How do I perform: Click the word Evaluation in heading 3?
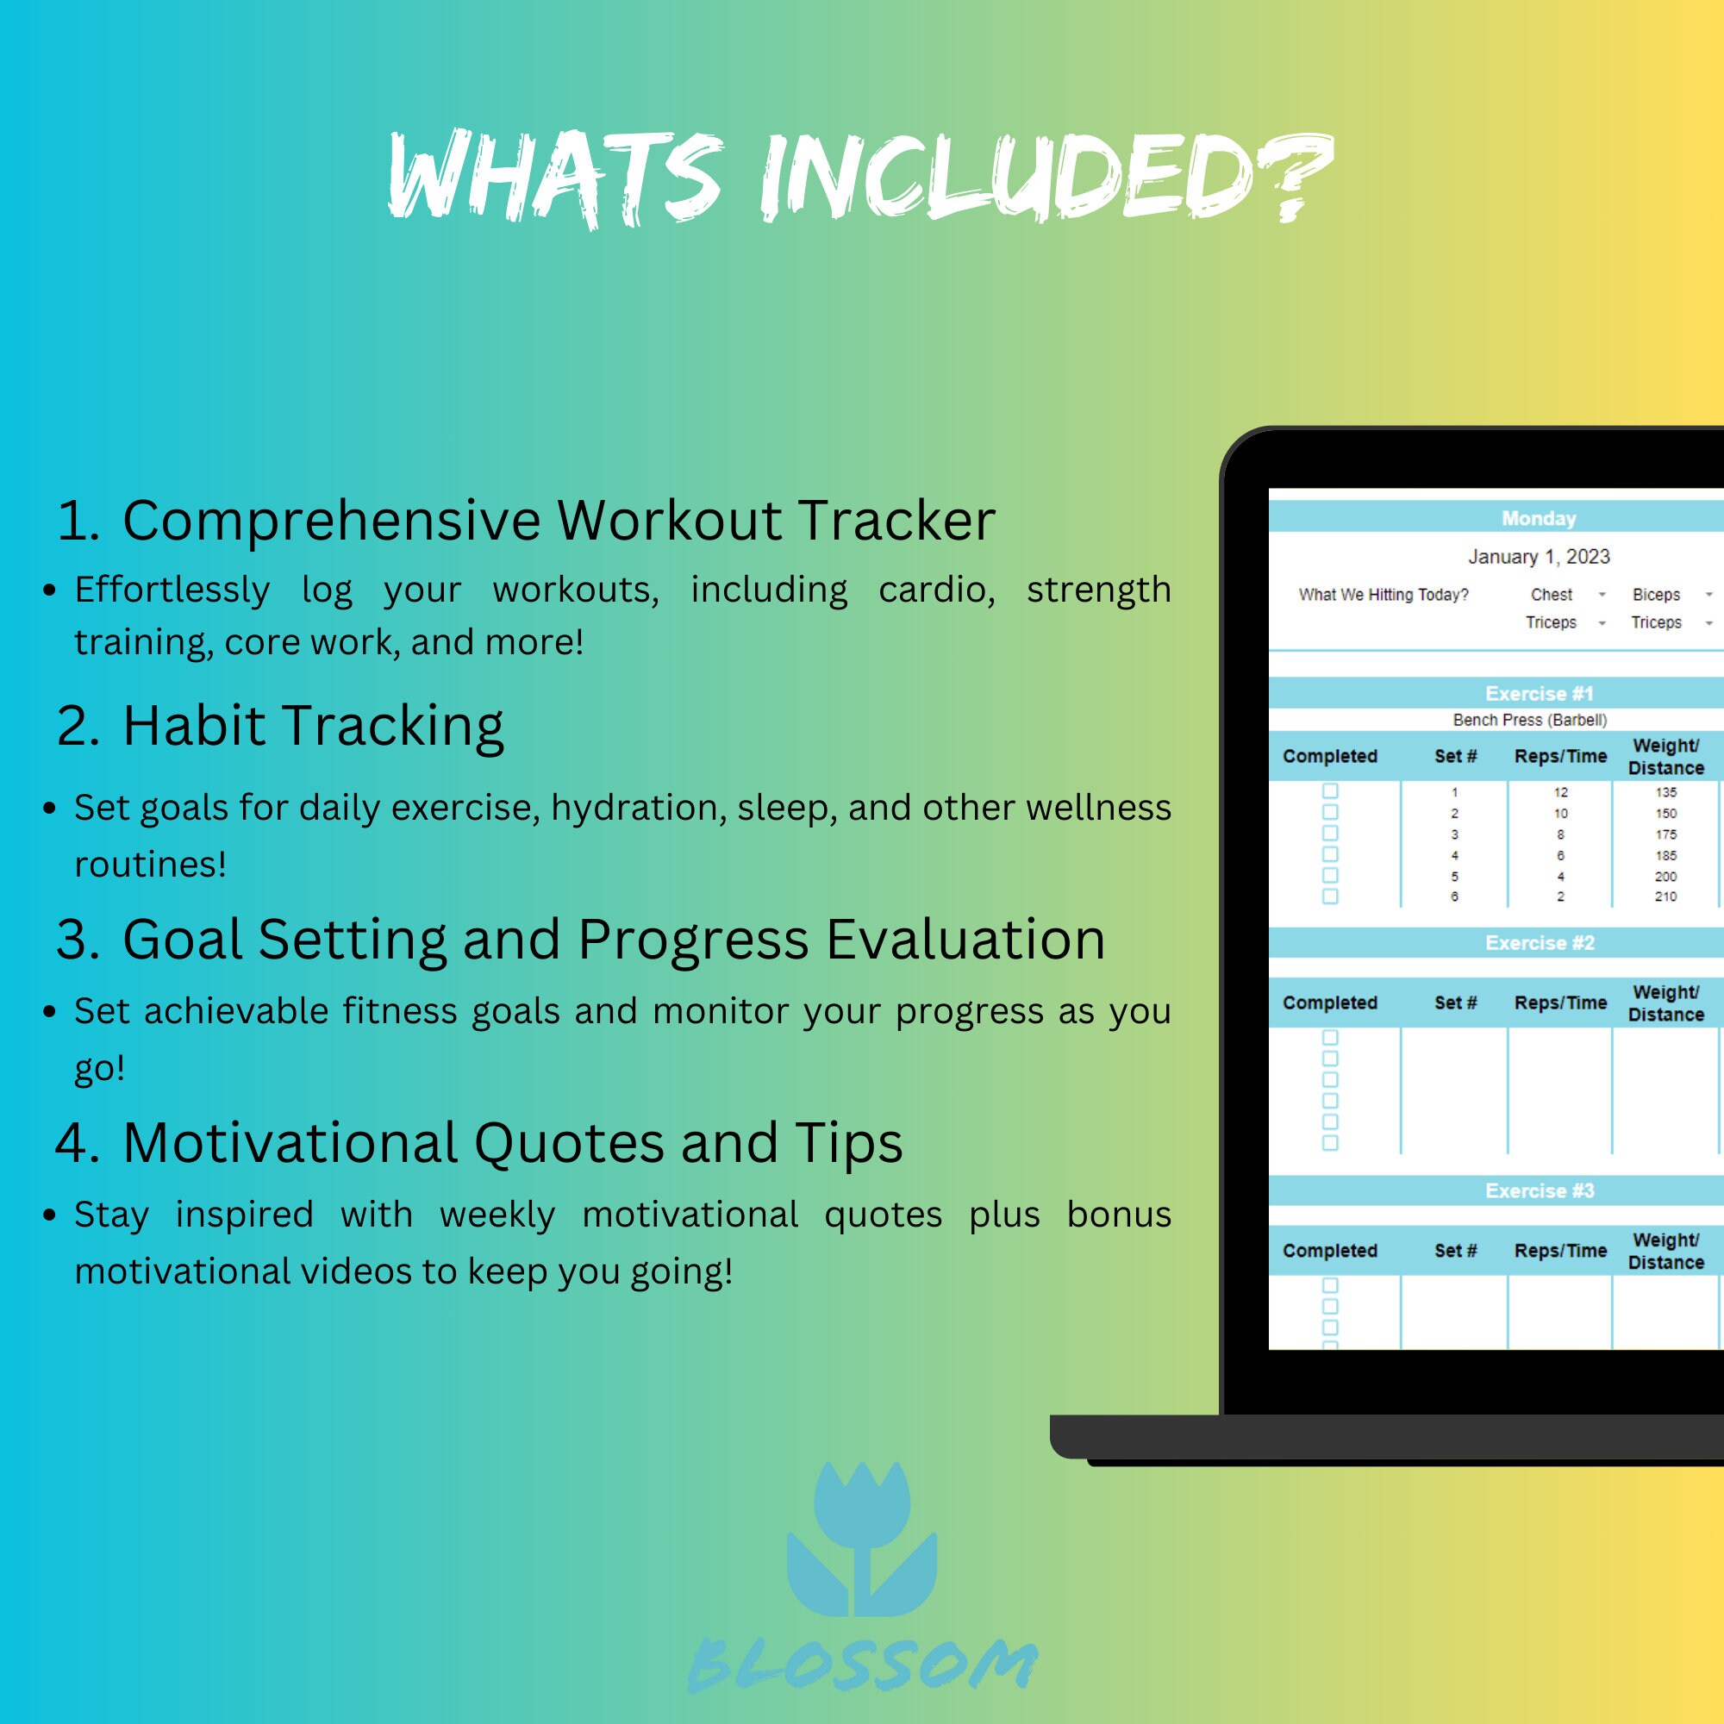(965, 939)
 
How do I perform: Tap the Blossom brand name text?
(861, 1665)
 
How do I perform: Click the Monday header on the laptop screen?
(1539, 518)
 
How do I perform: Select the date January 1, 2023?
(1539, 557)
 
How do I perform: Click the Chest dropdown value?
(1551, 594)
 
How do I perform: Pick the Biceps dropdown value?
(1656, 594)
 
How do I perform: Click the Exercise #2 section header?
(1540, 943)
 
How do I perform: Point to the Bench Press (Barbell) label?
(1529, 720)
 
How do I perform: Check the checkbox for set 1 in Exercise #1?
(1329, 791)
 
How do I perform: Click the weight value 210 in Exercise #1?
(1665, 896)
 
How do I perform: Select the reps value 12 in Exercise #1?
(1560, 792)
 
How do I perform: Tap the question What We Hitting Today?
(1384, 594)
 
